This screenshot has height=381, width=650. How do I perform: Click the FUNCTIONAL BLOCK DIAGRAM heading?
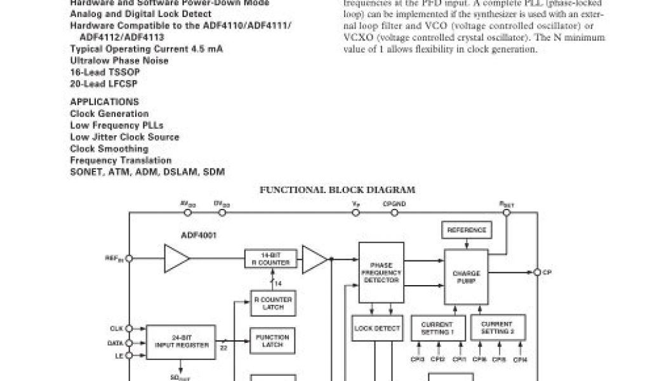point(337,189)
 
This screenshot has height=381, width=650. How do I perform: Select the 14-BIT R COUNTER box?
point(270,259)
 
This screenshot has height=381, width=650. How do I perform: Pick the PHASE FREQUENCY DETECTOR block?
point(381,272)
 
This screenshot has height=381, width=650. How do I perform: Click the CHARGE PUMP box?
point(467,276)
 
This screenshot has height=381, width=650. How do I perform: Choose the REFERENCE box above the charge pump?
point(467,230)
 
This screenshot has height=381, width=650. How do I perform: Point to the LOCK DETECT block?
point(376,328)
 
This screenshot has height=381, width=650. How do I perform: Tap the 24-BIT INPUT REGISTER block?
point(181,341)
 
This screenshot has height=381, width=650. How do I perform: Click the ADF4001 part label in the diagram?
point(199,235)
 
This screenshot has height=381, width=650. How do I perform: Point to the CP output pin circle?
point(536,272)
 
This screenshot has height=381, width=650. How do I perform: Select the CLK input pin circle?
point(129,328)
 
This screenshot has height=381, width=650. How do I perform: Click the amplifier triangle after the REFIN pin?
point(176,258)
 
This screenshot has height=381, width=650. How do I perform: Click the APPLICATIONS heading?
point(104,102)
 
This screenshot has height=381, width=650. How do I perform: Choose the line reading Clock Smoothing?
point(109,149)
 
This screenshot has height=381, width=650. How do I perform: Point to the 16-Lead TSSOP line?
point(105,72)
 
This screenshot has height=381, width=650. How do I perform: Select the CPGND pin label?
point(394,204)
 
